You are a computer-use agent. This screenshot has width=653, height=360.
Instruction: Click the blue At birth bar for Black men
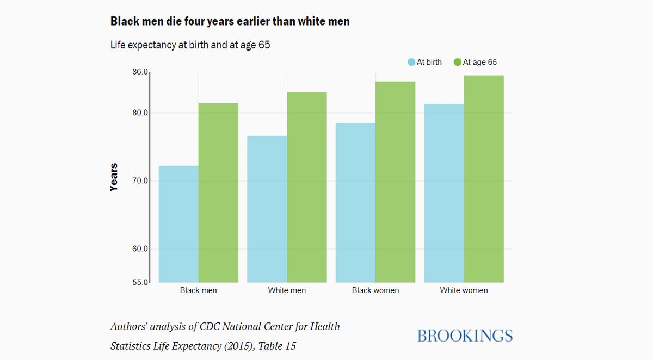(x=178, y=224)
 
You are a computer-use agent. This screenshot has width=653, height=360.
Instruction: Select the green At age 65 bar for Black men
(x=218, y=193)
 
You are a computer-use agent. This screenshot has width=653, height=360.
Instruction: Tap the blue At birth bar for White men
(x=267, y=209)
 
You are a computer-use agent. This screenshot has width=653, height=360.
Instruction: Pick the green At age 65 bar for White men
(x=307, y=188)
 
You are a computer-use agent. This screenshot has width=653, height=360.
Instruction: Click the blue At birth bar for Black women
(x=356, y=203)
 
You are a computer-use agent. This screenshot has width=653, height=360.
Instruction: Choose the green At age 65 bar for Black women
(x=396, y=182)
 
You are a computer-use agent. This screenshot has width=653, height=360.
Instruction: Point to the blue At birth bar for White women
(x=444, y=193)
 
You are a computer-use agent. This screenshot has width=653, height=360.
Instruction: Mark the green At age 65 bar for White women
(x=484, y=179)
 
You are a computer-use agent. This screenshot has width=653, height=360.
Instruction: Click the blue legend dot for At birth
(x=411, y=63)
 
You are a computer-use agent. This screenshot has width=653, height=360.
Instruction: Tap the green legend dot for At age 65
(x=458, y=63)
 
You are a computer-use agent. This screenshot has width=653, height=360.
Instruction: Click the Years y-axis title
(x=114, y=177)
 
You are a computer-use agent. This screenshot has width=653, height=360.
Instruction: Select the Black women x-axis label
(x=375, y=290)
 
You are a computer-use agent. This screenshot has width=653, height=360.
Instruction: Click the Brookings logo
(x=465, y=336)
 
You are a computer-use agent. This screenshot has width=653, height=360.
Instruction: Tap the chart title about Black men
(x=230, y=22)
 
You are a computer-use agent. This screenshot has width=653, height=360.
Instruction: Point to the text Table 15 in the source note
(x=277, y=345)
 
